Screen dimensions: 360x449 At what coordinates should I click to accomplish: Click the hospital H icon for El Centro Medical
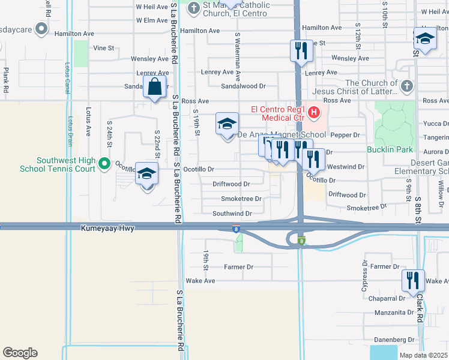(312, 112)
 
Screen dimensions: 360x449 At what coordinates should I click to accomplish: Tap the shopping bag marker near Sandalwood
(155, 86)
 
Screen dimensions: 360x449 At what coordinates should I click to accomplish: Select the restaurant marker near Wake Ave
(413, 280)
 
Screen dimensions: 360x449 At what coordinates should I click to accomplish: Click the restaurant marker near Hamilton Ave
(301, 50)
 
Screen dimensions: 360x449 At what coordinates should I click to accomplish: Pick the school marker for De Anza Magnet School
(227, 125)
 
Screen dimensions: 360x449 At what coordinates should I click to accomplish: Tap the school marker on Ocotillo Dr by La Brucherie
(146, 175)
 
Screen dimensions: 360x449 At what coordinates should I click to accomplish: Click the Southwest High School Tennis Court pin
(104, 163)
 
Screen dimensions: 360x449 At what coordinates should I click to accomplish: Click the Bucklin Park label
(388, 148)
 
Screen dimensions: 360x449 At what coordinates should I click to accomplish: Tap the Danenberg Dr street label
(395, 340)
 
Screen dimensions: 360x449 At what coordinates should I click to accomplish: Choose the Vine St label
(103, 47)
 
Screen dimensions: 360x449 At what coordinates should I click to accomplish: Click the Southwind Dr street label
(232, 214)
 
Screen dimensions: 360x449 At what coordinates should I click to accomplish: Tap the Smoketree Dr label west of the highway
(241, 199)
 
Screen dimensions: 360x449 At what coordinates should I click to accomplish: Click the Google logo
(20, 353)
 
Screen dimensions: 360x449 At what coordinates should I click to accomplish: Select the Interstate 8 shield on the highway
(237, 229)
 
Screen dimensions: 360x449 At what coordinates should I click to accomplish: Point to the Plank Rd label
(5, 80)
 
